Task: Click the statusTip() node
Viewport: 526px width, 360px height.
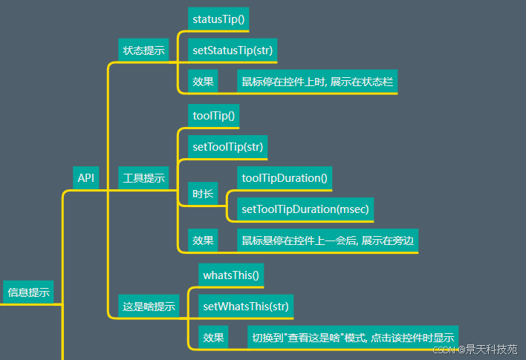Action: [x=218, y=19]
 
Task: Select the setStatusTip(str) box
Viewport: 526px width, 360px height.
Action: [x=233, y=50]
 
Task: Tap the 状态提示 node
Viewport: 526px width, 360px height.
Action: [x=143, y=50]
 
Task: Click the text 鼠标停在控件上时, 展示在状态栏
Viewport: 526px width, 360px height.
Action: [x=317, y=82]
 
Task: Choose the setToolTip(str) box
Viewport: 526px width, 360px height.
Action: [x=227, y=147]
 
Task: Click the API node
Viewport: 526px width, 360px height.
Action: [x=86, y=178]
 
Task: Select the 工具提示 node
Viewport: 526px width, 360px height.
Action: [x=143, y=178]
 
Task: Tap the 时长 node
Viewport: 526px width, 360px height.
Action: [x=203, y=194]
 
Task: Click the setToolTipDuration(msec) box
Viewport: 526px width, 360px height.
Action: [x=305, y=209]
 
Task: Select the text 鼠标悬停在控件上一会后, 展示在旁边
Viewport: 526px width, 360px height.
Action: [x=328, y=240]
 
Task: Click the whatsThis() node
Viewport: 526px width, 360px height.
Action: [x=231, y=275]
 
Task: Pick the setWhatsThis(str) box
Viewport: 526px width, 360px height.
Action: [x=245, y=306]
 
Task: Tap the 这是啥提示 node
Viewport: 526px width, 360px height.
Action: [x=149, y=306]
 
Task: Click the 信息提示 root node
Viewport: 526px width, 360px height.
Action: [x=28, y=292]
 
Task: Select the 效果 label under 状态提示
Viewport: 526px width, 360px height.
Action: [x=203, y=82]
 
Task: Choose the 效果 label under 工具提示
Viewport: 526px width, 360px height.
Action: [x=203, y=240]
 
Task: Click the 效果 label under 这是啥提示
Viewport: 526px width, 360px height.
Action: [x=213, y=338]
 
